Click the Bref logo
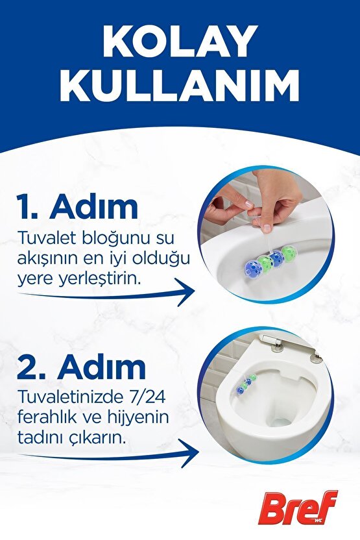click(298, 508)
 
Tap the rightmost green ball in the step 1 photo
click(289, 252)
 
